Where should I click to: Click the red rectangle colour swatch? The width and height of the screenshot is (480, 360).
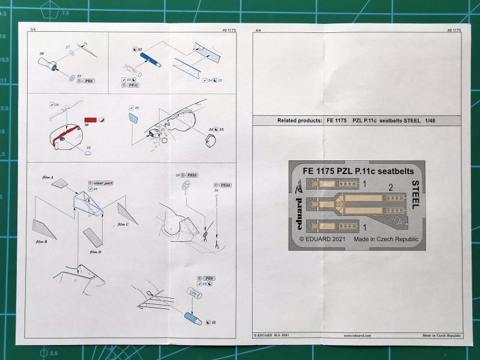pos(74,120)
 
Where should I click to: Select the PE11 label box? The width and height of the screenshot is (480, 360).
pos(134,85)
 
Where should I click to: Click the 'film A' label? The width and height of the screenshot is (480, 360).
pos(44,178)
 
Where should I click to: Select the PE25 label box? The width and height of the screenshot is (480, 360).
pos(191,175)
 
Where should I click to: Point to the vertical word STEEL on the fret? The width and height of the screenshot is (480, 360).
pos(415,194)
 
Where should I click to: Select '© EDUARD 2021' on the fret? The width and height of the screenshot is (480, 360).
pos(325,238)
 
